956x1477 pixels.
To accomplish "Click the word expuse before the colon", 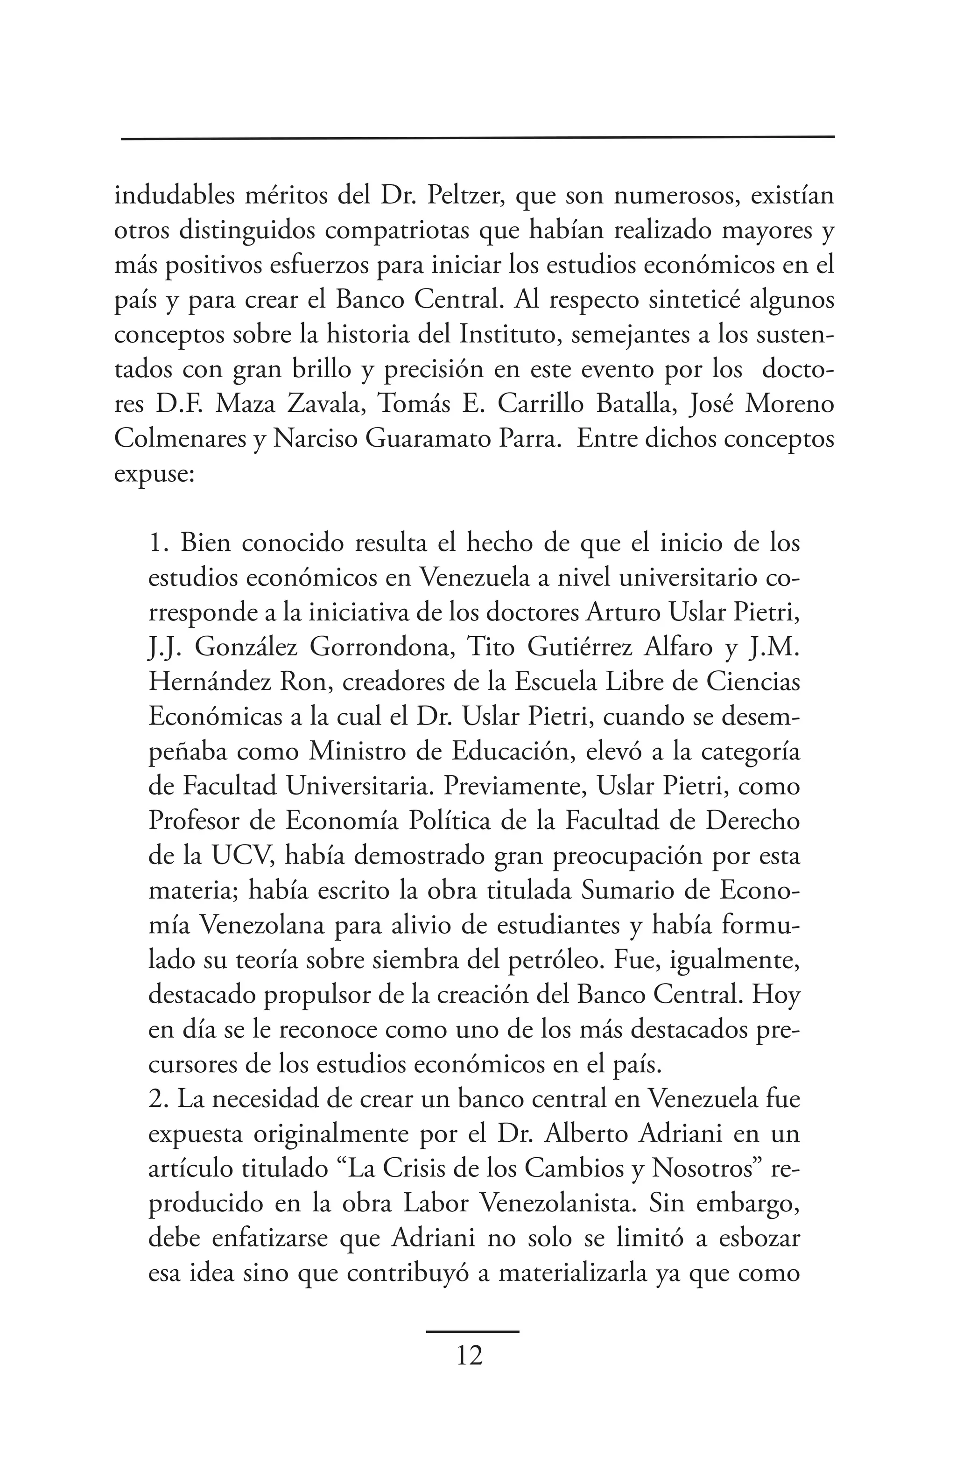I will point(151,475).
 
